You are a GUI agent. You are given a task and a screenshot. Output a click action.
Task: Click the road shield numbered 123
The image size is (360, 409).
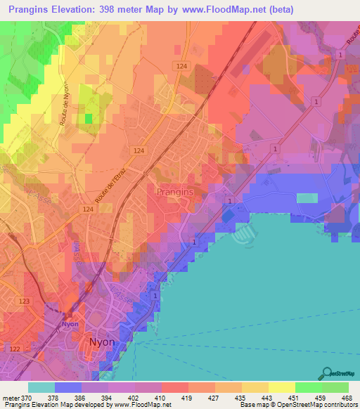(x=25, y=301)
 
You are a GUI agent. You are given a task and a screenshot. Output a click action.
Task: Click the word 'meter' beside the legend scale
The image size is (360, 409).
(x=12, y=397)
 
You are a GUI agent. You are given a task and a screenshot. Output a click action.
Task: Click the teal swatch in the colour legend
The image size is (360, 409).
(x=41, y=387)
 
